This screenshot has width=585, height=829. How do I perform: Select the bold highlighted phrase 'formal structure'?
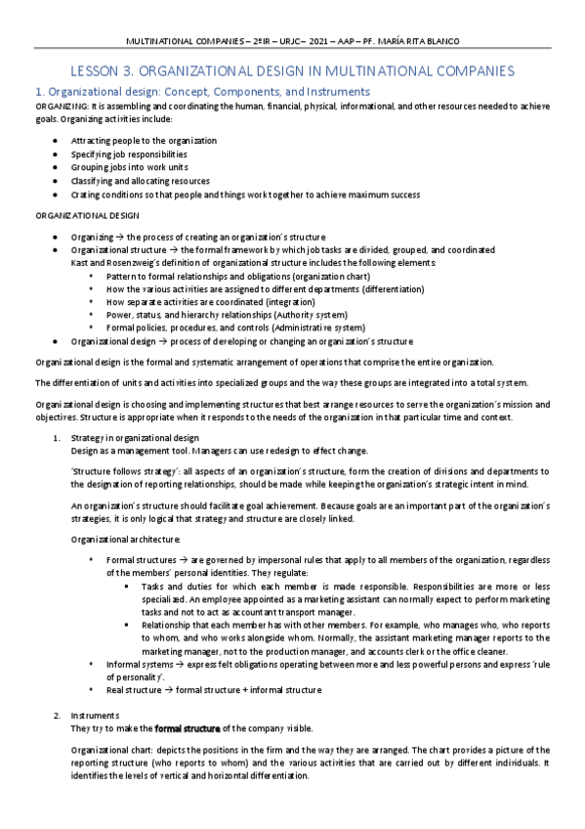tap(188, 728)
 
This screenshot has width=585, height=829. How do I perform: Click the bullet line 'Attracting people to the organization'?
tap(144, 141)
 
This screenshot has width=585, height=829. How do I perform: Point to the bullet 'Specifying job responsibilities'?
tap(129, 154)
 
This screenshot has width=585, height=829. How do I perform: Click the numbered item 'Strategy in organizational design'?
tap(135, 436)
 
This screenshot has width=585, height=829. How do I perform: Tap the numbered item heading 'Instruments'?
tap(96, 716)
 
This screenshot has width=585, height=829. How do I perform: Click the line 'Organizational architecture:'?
tap(126, 540)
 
